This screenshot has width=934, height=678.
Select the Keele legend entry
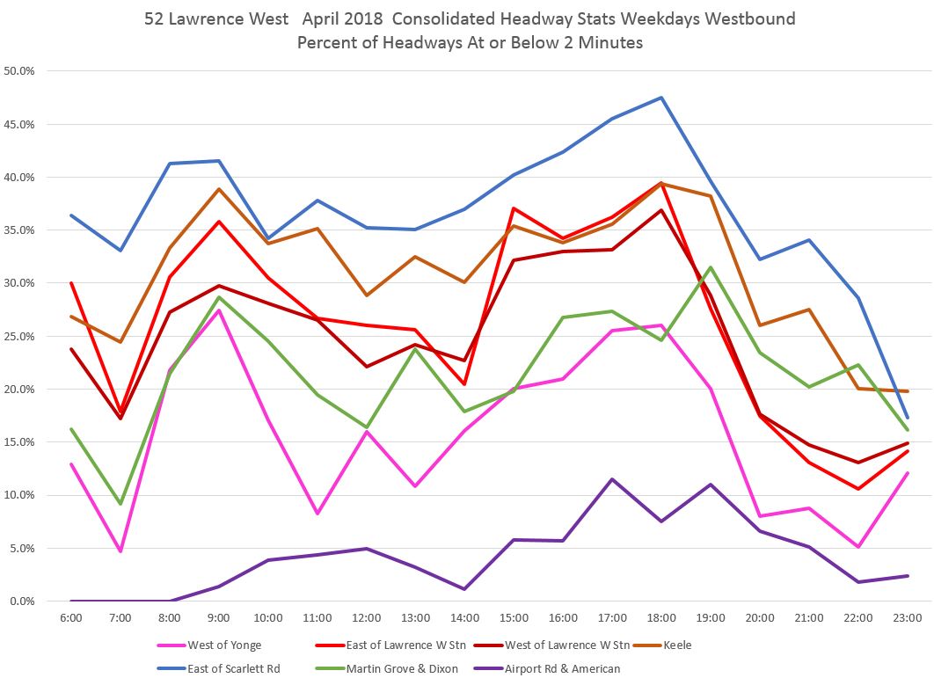click(x=678, y=645)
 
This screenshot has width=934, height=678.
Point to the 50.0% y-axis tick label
click(x=19, y=71)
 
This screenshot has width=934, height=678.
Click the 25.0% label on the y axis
click(x=19, y=337)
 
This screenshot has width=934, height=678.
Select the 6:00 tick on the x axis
click(x=71, y=618)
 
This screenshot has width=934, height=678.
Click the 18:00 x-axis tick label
click(x=661, y=618)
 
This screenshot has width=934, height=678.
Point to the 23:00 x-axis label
click(x=907, y=618)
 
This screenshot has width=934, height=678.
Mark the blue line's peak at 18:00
click(x=661, y=98)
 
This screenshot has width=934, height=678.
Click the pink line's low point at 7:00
click(x=120, y=551)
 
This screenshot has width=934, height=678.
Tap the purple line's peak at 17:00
click(x=612, y=479)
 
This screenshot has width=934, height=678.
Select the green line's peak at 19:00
click(x=711, y=267)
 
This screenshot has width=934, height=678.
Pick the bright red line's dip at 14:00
click(x=464, y=384)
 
